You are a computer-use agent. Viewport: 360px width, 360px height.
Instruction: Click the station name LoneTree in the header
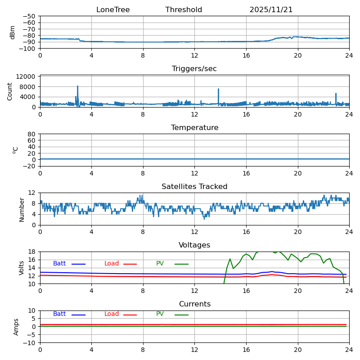(113, 10)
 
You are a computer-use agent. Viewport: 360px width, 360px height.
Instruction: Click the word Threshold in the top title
(184, 10)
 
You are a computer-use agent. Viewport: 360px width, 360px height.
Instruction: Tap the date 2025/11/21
(271, 10)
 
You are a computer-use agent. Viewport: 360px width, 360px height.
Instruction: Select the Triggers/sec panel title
(194, 69)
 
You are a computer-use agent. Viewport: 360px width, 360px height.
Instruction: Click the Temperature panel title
(194, 128)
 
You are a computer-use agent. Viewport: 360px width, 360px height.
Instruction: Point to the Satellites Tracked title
(194, 187)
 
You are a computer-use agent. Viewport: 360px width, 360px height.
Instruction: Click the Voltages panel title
(194, 245)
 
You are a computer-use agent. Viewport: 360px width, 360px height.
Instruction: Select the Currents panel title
(194, 304)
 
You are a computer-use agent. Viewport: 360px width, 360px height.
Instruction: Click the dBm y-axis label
(13, 32)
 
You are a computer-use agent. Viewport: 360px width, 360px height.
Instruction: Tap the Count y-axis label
(10, 91)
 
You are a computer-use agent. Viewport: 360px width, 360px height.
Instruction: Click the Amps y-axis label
(16, 327)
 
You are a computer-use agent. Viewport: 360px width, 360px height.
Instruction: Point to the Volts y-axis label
(22, 268)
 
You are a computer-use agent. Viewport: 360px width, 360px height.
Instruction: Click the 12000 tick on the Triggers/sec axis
(27, 77)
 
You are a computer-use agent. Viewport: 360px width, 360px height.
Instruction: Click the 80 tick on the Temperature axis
(32, 134)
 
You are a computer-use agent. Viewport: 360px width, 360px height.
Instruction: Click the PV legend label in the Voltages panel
(160, 264)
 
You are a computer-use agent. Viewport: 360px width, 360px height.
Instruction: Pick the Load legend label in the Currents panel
(112, 314)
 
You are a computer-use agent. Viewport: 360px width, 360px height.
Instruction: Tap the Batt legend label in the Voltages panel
(59, 264)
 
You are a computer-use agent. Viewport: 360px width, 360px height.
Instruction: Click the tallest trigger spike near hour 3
(77, 86)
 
